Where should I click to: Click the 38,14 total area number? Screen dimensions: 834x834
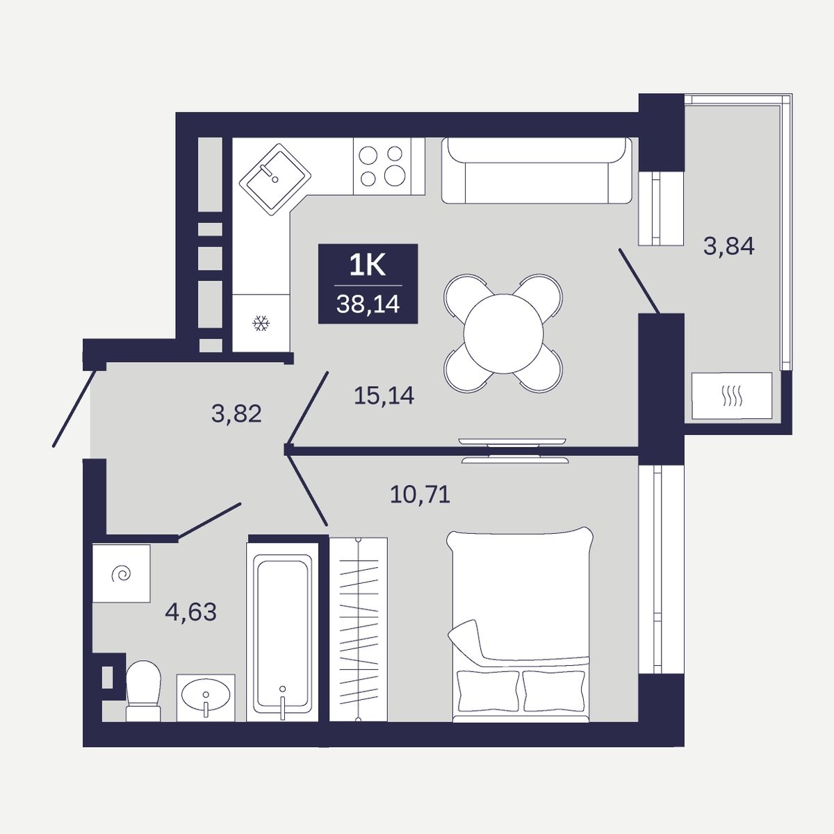[368, 304]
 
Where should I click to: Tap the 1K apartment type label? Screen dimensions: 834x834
[368, 265]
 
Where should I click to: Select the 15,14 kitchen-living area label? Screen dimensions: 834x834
[384, 395]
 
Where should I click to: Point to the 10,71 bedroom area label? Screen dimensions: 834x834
[420, 494]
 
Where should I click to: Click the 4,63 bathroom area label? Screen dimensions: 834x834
[190, 612]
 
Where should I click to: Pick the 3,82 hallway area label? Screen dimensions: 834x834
[236, 414]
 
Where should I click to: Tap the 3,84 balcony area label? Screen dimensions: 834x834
[729, 247]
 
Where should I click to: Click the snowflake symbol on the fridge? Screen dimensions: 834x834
[261, 323]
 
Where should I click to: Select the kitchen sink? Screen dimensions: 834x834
[275, 179]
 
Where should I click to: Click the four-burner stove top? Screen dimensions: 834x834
[382, 166]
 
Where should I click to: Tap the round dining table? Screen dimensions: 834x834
[503, 334]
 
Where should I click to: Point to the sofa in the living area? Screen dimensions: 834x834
[537, 170]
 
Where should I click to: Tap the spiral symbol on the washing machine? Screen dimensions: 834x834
[121, 574]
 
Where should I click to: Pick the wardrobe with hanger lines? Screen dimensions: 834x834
[359, 629]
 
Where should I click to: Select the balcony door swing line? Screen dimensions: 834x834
[639, 281]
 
